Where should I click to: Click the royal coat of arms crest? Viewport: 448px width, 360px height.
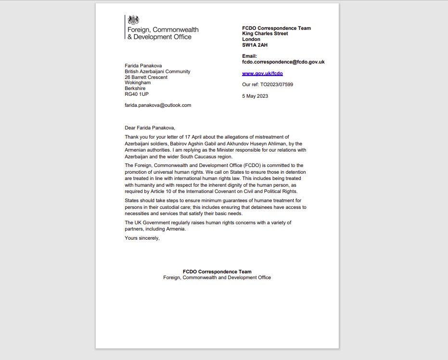click(x=133, y=20)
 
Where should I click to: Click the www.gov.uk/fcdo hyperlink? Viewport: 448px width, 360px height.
click(x=262, y=74)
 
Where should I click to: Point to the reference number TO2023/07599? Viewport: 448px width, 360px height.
click(x=277, y=85)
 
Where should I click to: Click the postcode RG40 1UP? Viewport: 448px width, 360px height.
click(x=137, y=94)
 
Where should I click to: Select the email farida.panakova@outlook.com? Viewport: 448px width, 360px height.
click(x=158, y=105)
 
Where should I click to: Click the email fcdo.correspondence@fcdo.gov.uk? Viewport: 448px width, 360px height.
click(x=283, y=62)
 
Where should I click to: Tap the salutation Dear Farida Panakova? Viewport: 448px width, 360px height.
click(x=150, y=128)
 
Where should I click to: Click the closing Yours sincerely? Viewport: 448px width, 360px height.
click(x=142, y=238)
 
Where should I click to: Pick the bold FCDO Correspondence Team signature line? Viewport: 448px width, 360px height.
click(x=217, y=272)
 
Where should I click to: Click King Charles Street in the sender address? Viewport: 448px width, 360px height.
click(x=265, y=34)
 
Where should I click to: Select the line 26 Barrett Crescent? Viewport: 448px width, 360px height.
click(x=146, y=77)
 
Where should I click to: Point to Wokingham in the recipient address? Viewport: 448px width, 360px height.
click(x=138, y=83)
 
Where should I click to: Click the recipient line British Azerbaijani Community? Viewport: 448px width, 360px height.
click(x=157, y=71)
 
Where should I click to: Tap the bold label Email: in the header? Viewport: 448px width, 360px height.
click(x=249, y=56)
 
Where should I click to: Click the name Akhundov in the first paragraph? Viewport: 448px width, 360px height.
click(x=233, y=143)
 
